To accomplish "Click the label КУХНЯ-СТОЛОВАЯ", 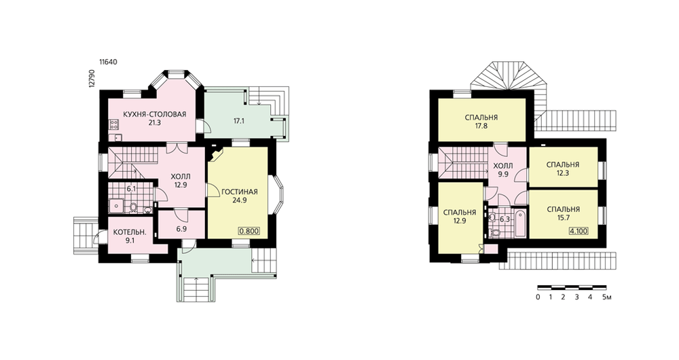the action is point(155,114).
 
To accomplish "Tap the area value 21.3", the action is point(155,122).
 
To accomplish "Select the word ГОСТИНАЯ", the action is point(240,192).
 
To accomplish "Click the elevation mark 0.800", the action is point(249,231).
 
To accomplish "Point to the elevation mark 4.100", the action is point(579,231).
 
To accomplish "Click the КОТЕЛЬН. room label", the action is point(130,232).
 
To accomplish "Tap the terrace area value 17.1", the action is point(239,122).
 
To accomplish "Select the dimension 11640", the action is point(108,62).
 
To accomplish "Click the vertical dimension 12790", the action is point(92,78).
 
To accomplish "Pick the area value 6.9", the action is point(181,229).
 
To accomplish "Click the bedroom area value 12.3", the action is point(563,173).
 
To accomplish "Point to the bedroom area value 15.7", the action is point(563,217).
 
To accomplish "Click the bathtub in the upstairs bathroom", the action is point(520,223).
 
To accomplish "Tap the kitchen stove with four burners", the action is point(114,126).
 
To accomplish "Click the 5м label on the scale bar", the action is point(606,298).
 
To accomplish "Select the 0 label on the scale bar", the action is point(538,298).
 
